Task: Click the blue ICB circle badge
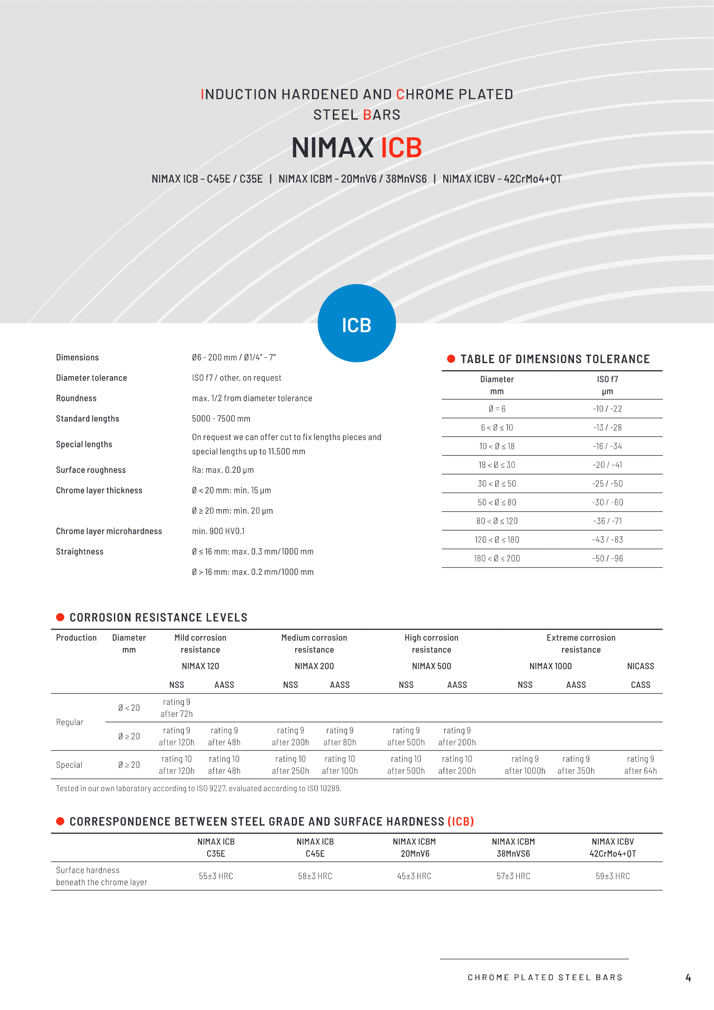[357, 323]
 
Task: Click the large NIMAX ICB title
[357, 147]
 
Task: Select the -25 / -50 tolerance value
[607, 484]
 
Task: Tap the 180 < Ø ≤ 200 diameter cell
[497, 558]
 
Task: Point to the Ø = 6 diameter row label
[497, 408]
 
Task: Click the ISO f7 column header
[607, 385]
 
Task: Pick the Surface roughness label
[91, 470]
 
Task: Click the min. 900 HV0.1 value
[218, 531]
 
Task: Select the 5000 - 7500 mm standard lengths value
[221, 418]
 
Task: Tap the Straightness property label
[79, 551]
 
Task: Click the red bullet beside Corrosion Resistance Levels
[60, 617]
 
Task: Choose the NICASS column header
[640, 666]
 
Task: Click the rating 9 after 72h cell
[176, 708]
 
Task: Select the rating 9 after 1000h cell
[525, 765]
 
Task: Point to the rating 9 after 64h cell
[640, 765]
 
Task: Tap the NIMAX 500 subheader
[431, 666]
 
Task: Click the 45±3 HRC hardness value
[414, 876]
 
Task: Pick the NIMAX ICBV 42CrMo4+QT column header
[613, 847]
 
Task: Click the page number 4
[688, 978]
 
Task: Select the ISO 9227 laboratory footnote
[199, 788]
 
